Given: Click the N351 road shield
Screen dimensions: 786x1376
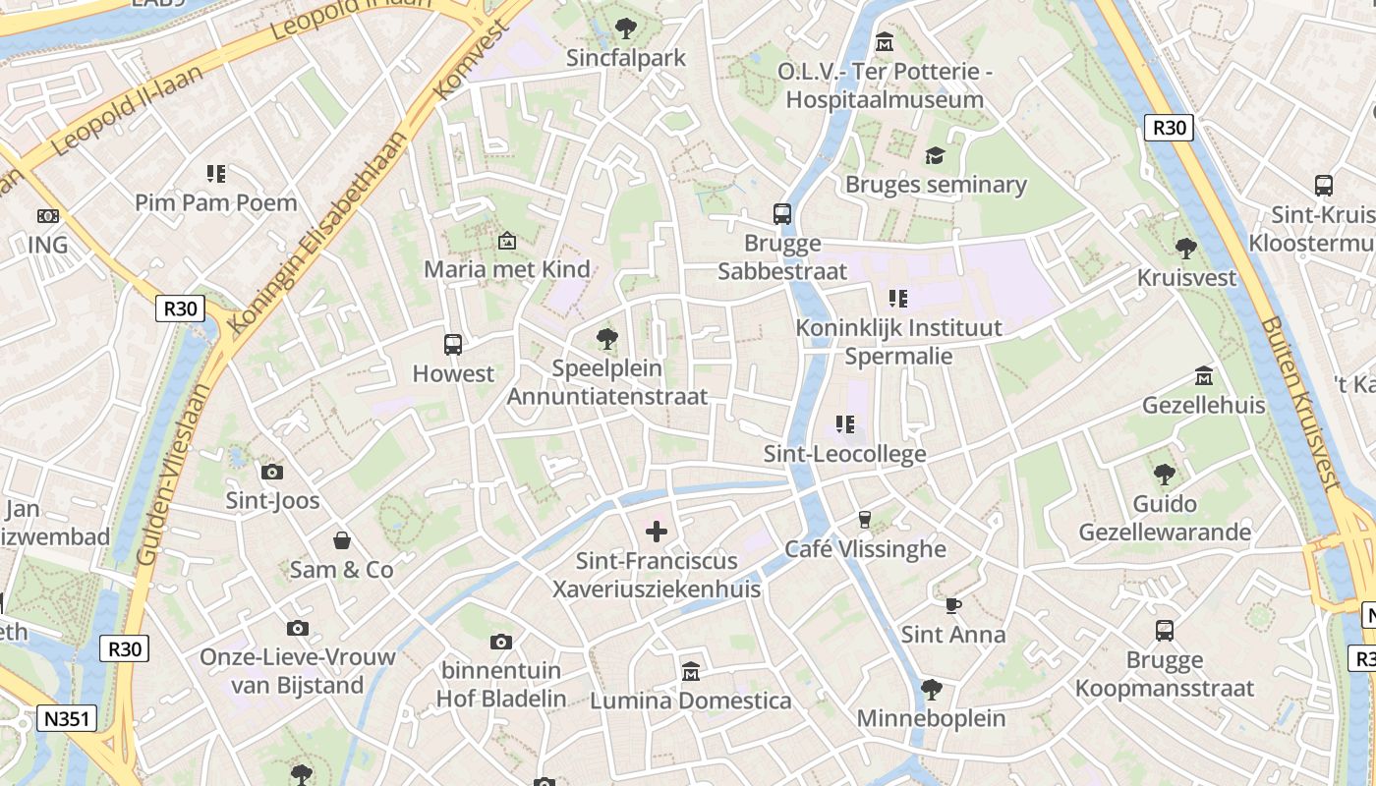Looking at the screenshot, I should click(68, 718).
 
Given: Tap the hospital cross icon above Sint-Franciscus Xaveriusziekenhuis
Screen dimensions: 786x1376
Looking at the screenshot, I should click(656, 532).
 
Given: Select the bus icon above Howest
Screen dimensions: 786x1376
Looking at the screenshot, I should click(452, 345).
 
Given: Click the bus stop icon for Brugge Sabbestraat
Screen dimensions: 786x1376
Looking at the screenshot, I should click(782, 214).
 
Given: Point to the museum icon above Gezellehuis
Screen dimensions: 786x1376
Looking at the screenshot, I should click(1203, 376).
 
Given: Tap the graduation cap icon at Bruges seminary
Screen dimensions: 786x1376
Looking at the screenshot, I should click(934, 156).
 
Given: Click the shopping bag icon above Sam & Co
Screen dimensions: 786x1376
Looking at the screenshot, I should click(341, 540).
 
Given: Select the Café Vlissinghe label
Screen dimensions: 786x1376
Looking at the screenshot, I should click(865, 548).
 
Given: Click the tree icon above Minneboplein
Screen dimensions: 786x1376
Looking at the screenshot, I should click(931, 689).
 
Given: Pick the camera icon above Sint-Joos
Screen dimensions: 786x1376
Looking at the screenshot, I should click(272, 472).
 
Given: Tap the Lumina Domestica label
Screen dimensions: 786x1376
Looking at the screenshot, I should click(690, 701).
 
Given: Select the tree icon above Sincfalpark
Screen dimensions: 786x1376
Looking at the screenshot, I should click(625, 28).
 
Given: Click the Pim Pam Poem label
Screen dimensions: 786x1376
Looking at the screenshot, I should click(215, 202).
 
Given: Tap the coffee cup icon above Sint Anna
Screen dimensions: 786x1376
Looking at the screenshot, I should click(952, 605).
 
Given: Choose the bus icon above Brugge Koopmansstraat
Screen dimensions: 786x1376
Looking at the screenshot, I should click(1164, 631).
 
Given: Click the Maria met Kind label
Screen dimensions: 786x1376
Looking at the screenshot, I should click(506, 268).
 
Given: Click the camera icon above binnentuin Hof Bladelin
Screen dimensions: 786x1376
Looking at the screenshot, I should click(501, 642).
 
